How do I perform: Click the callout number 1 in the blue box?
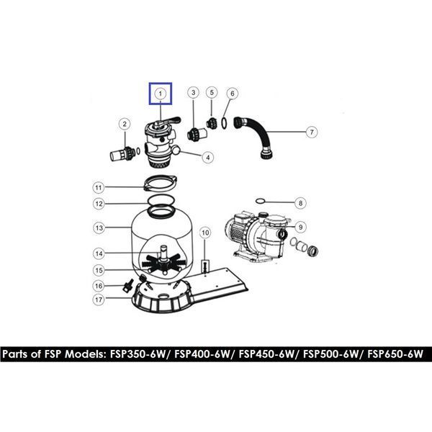(161, 94)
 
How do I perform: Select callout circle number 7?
(312, 132)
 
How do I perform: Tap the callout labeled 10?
(205, 233)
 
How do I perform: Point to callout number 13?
(99, 228)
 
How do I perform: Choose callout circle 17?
(99, 300)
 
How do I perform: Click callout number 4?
(208, 157)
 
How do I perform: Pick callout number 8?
(300, 203)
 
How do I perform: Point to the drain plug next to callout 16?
(127, 287)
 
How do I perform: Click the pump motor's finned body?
(236, 231)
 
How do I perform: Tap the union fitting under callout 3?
(196, 134)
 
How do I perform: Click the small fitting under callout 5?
(211, 123)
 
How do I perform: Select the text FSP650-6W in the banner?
(395, 354)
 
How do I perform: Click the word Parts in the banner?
(15, 354)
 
